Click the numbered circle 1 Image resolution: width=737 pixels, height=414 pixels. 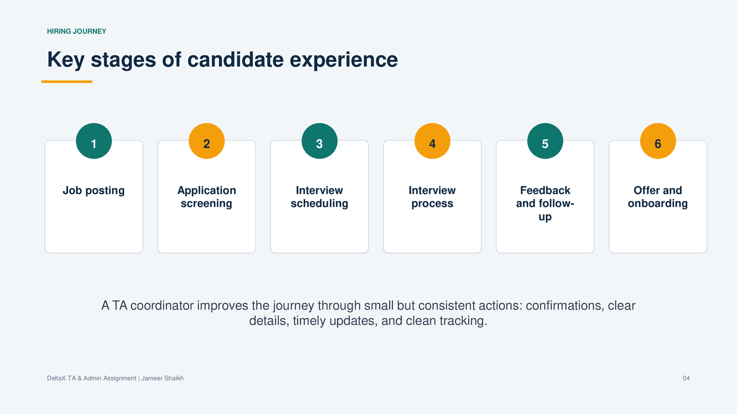[94, 141]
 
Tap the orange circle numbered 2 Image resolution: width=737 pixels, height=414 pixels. [207, 141]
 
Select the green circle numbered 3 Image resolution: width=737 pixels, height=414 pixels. [320, 141]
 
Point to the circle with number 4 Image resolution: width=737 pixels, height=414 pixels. [433, 141]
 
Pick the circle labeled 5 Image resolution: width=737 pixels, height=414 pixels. [545, 141]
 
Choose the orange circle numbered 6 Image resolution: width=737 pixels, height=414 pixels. [658, 141]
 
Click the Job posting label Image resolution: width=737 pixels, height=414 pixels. [94, 190]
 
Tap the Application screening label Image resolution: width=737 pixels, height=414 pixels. [207, 197]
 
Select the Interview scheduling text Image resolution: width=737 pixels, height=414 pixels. [320, 197]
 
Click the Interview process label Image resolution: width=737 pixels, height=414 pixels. [433, 197]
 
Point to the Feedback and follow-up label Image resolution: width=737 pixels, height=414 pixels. [545, 203]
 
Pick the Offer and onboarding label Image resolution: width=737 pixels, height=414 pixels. [658, 197]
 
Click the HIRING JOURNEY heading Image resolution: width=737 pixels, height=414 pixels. [76, 31]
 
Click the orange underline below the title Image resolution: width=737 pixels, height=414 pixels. [67, 81]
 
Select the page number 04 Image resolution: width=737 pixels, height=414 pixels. [686, 378]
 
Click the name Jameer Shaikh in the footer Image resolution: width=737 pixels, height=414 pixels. [163, 378]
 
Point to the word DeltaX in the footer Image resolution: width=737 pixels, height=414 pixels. [56, 378]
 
